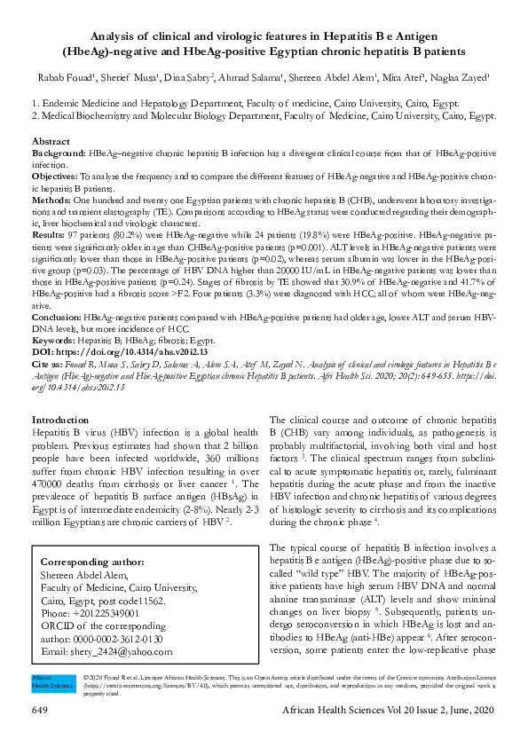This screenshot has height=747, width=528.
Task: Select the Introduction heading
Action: pyautogui.click(x=59, y=420)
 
